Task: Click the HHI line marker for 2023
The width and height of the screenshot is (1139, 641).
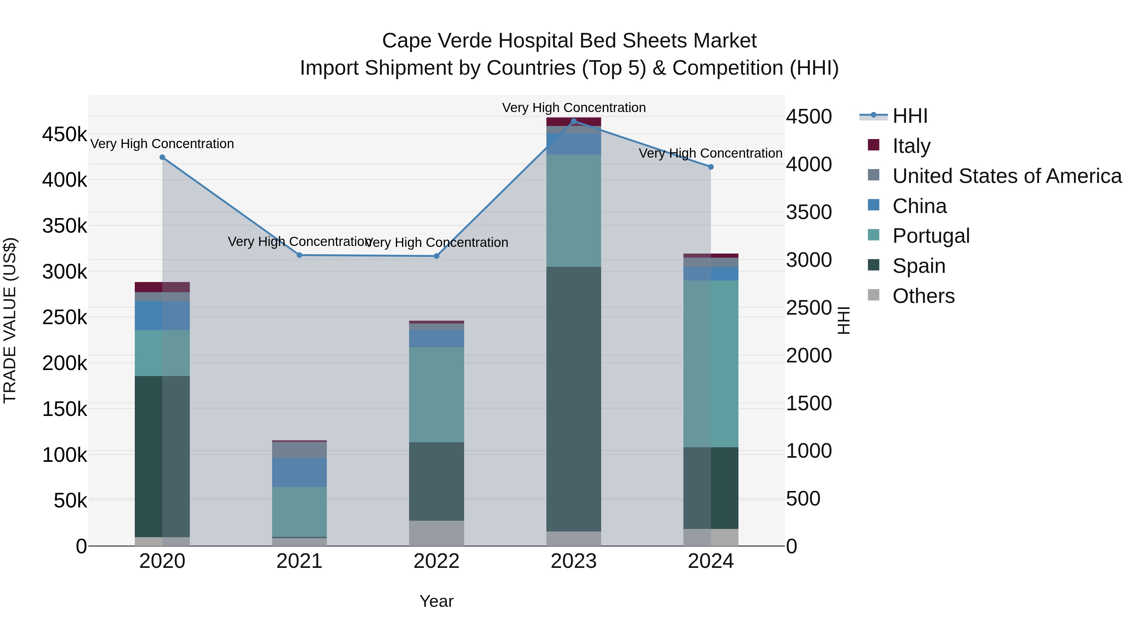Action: tap(574, 121)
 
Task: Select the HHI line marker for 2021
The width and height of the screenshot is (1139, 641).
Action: tap(299, 255)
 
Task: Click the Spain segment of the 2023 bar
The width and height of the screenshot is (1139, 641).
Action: tap(574, 398)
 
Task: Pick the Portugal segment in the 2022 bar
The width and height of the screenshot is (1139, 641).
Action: tap(436, 395)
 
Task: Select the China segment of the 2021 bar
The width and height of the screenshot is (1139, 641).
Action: tap(299, 472)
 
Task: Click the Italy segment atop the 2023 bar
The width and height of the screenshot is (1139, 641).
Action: tap(574, 122)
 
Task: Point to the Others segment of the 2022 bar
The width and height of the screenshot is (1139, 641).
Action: tap(436, 533)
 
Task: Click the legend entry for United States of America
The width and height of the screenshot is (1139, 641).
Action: tap(1007, 176)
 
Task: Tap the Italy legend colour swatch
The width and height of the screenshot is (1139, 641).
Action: tap(874, 145)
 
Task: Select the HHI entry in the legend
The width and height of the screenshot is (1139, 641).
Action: tap(910, 116)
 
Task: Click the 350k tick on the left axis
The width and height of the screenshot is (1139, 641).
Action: tap(65, 226)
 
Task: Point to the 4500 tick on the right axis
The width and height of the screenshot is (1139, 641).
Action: tap(809, 117)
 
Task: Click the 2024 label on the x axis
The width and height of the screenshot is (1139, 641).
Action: tap(711, 561)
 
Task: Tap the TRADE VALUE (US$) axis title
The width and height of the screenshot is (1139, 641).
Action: tap(10, 320)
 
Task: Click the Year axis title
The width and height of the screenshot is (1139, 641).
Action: tap(436, 601)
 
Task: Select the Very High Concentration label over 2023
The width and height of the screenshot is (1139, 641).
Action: tap(574, 108)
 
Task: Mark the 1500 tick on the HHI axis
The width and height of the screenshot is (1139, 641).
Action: tap(809, 403)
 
